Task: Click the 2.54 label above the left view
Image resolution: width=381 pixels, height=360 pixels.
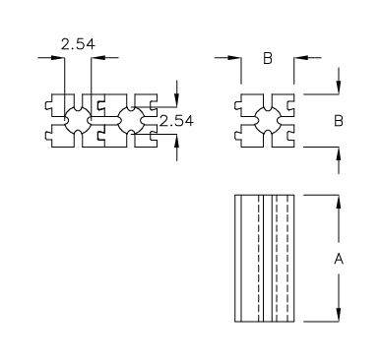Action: point(78,44)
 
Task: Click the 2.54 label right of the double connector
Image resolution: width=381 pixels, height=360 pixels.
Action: point(176,121)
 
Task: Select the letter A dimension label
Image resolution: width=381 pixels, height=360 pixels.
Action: point(339,259)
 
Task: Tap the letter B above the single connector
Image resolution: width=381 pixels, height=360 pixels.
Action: point(268,58)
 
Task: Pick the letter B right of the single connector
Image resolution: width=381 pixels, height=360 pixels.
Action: point(339,121)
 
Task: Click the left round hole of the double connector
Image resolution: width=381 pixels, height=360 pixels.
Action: point(78,121)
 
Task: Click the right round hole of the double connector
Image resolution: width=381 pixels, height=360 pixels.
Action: point(131,121)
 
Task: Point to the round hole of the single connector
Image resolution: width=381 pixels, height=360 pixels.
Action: point(268,121)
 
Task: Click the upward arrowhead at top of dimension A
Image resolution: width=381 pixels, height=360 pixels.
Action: point(339,202)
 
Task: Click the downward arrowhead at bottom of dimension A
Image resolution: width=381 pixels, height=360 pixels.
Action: point(339,315)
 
